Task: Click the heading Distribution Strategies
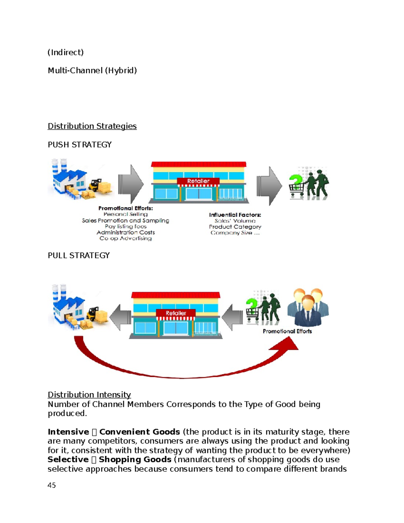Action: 92,126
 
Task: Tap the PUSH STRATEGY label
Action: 79,144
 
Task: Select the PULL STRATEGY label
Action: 78,255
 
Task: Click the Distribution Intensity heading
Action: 89,394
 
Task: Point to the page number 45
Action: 52,485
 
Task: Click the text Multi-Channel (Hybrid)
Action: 92,70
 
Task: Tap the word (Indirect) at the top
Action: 65,52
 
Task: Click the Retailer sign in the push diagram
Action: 198,181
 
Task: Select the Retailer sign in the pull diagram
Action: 176,313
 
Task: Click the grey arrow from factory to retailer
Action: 131,184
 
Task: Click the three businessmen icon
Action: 308,307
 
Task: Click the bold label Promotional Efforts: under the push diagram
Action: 125,208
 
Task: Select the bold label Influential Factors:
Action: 235,215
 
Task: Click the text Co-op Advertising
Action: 125,238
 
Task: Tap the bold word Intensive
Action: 68,432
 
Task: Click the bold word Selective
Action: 68,459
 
